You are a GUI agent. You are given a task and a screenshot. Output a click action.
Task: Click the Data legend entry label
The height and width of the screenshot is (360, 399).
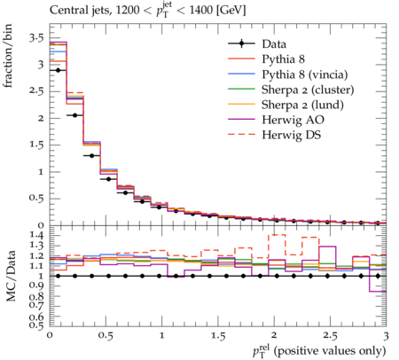pyautogui.click(x=274, y=44)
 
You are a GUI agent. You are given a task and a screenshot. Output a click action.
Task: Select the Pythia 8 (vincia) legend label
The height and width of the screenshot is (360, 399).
pyautogui.click(x=305, y=74)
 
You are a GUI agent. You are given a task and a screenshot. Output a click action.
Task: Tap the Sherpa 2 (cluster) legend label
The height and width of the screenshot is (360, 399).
pyautogui.click(x=308, y=90)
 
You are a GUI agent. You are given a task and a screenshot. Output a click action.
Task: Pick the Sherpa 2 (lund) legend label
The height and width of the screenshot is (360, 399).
pyautogui.click(x=302, y=105)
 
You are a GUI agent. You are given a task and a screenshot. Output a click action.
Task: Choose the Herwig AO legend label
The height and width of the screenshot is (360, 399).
pyautogui.click(x=293, y=120)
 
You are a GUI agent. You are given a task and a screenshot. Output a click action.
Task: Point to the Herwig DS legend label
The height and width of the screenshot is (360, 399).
pyautogui.click(x=292, y=135)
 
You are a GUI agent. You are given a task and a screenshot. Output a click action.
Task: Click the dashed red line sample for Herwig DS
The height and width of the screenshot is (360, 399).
pyautogui.click(x=241, y=134)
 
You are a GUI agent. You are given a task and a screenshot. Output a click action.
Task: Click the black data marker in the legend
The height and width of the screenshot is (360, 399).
pyautogui.click(x=241, y=43)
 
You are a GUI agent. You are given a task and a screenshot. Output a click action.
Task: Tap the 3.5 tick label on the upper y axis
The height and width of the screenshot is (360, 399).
pyautogui.click(x=36, y=38)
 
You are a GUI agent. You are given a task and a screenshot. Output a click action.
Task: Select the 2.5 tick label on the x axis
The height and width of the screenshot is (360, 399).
pyautogui.click(x=330, y=336)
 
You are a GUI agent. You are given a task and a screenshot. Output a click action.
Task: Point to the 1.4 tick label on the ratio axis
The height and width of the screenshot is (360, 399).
pyautogui.click(x=36, y=236)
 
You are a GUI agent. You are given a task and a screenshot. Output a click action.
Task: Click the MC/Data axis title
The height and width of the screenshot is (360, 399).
pyautogui.click(x=11, y=276)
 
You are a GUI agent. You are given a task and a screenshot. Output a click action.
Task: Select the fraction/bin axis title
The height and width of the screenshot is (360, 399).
pyautogui.click(x=8, y=56)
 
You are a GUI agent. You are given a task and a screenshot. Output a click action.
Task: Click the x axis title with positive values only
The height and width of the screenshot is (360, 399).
pyautogui.click(x=319, y=351)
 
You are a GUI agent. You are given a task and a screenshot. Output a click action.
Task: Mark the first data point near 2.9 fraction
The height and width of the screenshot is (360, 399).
pyautogui.click(x=58, y=70)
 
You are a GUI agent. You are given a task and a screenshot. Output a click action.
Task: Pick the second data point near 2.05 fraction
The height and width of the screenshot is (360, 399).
pyautogui.click(x=74, y=115)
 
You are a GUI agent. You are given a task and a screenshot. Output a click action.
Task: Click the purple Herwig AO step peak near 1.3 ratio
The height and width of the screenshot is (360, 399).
pyautogui.click(x=327, y=247)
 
